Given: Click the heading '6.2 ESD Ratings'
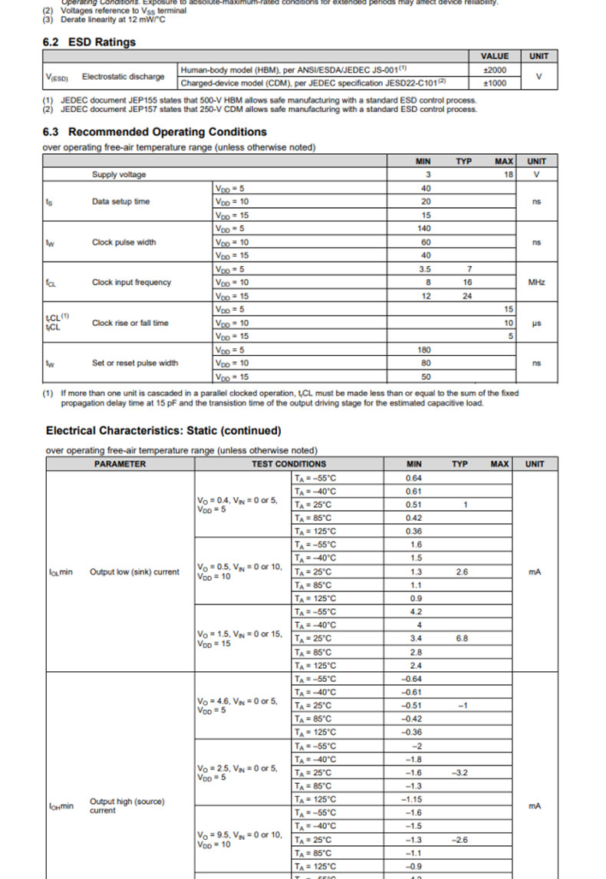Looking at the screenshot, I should click(89, 42).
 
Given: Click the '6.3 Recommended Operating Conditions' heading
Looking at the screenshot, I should click(154, 132).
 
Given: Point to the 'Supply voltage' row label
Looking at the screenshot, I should click(119, 175).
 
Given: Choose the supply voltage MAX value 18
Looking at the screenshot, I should click(506, 175).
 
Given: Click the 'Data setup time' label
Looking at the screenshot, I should click(121, 202).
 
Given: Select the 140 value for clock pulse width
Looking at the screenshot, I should click(424, 229).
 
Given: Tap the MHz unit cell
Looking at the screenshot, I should click(536, 282).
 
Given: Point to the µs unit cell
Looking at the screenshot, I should click(536, 323).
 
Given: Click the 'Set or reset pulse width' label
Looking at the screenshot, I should click(134, 363).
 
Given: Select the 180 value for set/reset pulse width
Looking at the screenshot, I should click(424, 350).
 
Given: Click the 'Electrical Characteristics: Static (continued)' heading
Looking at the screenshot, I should click(163, 431).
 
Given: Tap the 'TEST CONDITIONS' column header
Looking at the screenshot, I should click(288, 464).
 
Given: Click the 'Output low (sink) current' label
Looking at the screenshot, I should click(134, 571).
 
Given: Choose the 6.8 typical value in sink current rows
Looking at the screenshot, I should click(461, 638).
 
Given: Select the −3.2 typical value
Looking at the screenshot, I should click(460, 772).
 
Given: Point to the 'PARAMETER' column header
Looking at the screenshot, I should click(120, 464).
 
